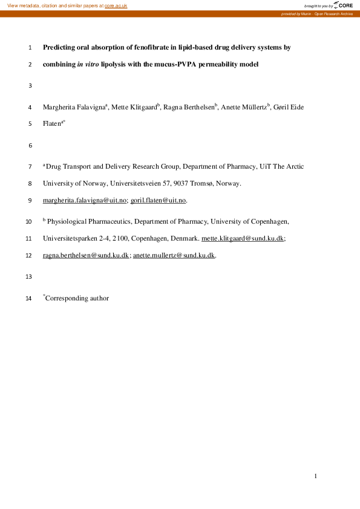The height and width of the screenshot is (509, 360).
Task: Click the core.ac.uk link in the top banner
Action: (x=116, y=5)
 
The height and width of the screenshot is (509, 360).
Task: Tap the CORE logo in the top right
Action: (x=345, y=5)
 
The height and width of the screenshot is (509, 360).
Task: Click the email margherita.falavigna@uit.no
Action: (x=85, y=200)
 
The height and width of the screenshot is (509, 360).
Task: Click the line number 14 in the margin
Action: (x=29, y=298)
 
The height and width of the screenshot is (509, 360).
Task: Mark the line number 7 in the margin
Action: (x=30, y=166)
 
